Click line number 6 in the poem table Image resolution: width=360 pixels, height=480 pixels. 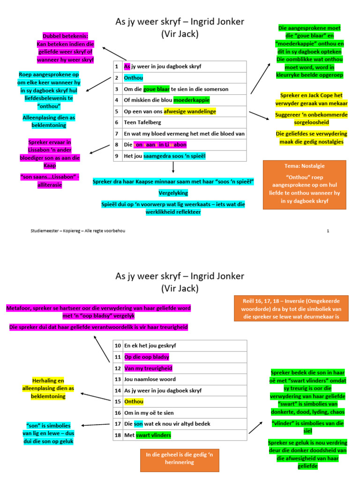click(x=117, y=122)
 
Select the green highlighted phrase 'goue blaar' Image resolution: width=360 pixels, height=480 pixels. click(x=157, y=89)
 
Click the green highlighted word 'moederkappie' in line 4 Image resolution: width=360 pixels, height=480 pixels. click(x=192, y=100)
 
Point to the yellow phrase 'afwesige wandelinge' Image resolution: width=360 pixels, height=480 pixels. click(x=190, y=112)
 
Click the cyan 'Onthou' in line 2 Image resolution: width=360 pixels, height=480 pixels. click(x=134, y=78)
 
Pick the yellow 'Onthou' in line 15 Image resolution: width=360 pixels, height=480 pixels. click(x=134, y=401)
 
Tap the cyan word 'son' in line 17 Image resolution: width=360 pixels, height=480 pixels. click(x=138, y=424)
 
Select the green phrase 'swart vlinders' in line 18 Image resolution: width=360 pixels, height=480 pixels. click(x=153, y=435)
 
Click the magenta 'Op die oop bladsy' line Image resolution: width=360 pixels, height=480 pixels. click(x=147, y=357)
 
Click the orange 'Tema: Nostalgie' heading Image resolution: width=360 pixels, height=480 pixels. click(x=305, y=166)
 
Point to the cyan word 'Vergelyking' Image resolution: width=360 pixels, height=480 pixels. click(x=173, y=193)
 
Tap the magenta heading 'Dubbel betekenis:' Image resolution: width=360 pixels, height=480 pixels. click(x=65, y=36)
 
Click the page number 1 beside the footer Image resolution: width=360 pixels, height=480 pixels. click(x=328, y=231)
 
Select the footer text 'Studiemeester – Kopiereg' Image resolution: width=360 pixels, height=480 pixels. click(x=55, y=231)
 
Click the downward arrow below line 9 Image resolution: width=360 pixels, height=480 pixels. click(x=173, y=167)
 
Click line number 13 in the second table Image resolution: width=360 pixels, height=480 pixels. click(x=118, y=379)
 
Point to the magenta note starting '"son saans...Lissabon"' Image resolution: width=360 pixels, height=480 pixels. click(x=50, y=180)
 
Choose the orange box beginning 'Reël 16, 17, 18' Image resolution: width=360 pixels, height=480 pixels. click(x=291, y=308)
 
